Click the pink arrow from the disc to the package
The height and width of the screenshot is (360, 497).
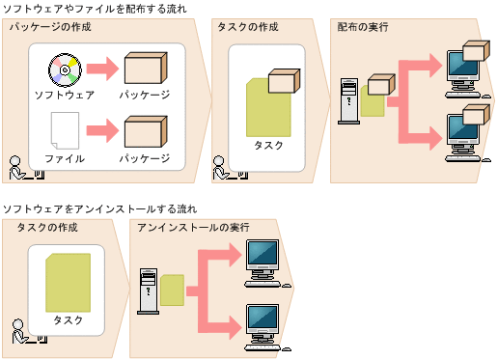coord(100,70)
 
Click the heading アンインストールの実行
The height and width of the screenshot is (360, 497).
coord(193,227)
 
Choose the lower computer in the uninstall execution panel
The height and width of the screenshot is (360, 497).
coord(262,321)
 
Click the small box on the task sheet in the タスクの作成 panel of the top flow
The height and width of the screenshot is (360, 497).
coord(283,80)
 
